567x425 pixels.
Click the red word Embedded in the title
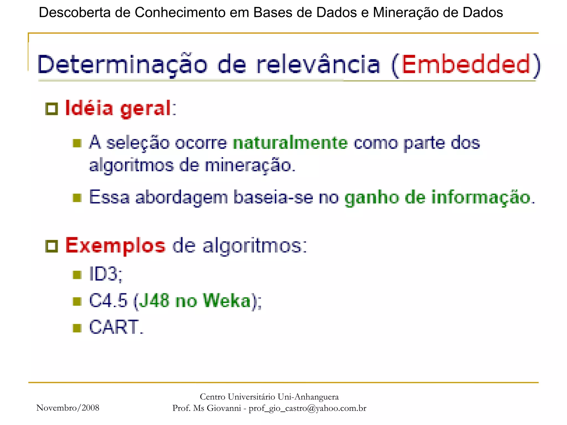click(466, 64)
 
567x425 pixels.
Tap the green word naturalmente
click(290, 143)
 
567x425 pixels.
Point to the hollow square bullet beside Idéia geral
click(51, 109)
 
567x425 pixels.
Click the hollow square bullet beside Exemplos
click(51, 246)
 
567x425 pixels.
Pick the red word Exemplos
click(115, 246)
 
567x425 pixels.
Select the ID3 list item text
click(105, 274)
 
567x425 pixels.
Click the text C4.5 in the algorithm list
click(108, 301)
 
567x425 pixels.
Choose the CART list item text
click(116, 327)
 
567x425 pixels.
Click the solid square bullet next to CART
click(77, 328)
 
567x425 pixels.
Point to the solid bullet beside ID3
click(77, 275)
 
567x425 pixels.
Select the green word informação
click(481, 198)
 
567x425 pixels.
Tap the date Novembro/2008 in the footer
click(68, 408)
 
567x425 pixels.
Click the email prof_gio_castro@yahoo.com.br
click(307, 408)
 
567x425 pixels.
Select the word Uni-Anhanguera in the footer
click(308, 397)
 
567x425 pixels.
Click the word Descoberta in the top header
click(74, 13)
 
